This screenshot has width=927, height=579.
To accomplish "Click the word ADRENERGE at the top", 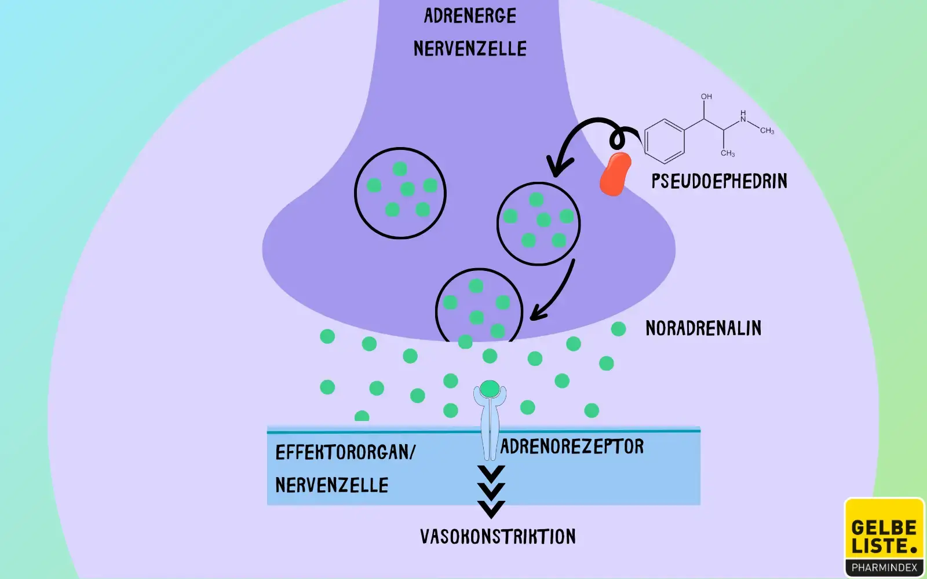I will (x=470, y=16).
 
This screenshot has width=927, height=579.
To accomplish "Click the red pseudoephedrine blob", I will (x=615, y=174).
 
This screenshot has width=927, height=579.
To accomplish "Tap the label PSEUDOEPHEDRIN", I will (x=719, y=181).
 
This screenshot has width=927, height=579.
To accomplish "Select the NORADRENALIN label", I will (x=703, y=328).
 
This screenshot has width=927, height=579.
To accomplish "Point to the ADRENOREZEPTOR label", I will (x=572, y=446).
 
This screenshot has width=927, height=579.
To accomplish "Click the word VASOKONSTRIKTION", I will (x=498, y=537).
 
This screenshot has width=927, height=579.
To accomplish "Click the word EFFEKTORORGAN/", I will (x=345, y=452).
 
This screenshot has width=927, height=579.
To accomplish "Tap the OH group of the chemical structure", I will (x=706, y=97).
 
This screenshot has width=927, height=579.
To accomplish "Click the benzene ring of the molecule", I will (x=665, y=141).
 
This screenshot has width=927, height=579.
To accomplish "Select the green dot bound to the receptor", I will (x=490, y=389).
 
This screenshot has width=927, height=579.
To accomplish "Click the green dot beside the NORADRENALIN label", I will (x=618, y=329).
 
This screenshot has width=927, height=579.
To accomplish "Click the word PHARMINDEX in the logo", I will (x=884, y=568).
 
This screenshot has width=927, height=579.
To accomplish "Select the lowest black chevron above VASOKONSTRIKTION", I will (x=491, y=509).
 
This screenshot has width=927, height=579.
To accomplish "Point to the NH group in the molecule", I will (x=743, y=116).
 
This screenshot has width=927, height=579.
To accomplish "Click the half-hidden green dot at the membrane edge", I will (x=362, y=416).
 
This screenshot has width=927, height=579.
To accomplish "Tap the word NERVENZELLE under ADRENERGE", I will (x=470, y=49).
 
